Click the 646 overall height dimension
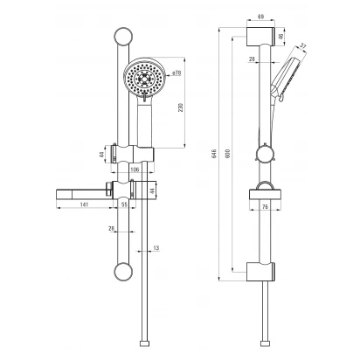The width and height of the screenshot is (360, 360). [214, 154]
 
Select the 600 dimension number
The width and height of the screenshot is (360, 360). [228, 154]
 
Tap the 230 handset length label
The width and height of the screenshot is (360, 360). [181, 107]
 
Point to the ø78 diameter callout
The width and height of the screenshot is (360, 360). [177, 73]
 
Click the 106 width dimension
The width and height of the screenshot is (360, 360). [135, 170]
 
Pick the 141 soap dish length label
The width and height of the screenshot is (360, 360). [84, 204]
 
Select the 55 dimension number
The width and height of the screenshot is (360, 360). [124, 204]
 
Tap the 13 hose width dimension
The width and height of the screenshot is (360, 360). [156, 248]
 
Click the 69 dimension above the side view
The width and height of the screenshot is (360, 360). [260, 17]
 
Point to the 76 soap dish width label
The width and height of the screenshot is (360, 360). [265, 207]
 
